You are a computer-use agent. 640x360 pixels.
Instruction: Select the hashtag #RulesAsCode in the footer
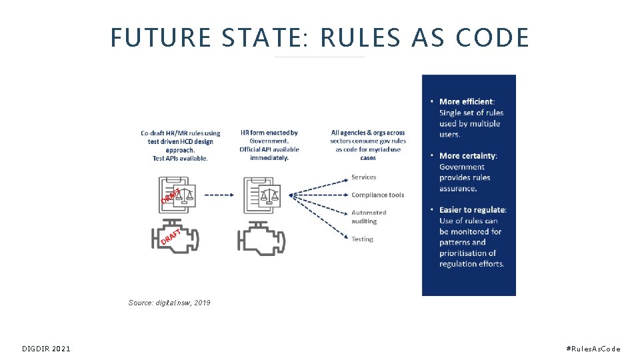point(593,349)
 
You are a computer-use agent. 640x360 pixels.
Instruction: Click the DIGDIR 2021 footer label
point(46,349)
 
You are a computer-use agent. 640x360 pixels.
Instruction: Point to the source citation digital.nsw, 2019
point(169,303)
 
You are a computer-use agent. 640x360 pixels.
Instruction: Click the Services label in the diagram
point(363,177)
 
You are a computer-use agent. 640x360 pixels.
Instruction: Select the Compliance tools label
point(377,195)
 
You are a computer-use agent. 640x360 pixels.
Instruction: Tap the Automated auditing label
point(369,217)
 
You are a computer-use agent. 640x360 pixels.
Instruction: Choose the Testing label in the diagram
point(362,239)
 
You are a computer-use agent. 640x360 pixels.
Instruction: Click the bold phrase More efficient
point(466,101)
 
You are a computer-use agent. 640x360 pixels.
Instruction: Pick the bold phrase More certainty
point(467,156)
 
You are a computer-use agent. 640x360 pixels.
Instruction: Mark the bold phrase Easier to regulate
point(472,210)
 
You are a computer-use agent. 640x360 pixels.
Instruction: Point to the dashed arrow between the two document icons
point(219,195)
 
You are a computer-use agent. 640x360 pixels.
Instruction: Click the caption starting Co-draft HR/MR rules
point(180,145)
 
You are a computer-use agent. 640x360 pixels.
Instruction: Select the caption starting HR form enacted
point(269,145)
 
